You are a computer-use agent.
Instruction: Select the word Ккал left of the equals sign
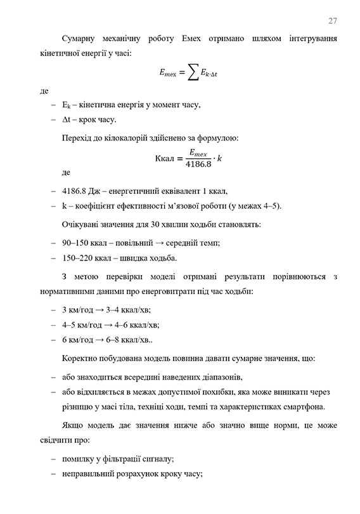pyautogui.click(x=160, y=158)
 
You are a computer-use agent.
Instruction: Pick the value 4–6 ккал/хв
pyautogui.click(x=136, y=324)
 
